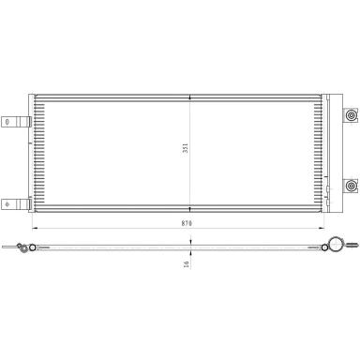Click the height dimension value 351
click(186, 148)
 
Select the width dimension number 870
click(187, 223)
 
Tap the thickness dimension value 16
click(187, 264)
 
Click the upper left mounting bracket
click(16, 122)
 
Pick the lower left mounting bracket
click(16, 204)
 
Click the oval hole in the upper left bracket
click(7, 122)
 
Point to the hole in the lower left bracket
click(7, 204)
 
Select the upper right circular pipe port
click(352, 115)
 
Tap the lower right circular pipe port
click(352, 187)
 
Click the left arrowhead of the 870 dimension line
click(35, 229)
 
